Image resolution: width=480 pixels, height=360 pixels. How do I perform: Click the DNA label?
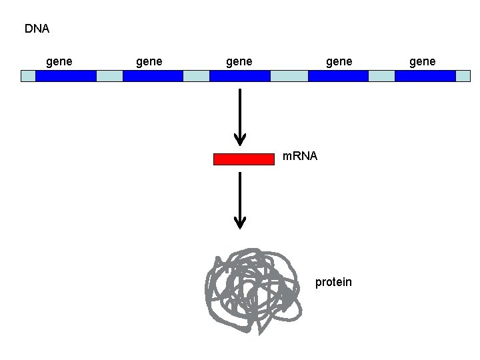pos(37,29)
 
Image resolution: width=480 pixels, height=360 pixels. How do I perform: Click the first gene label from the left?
pos(59,61)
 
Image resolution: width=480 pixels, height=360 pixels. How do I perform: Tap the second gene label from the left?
pos(149,61)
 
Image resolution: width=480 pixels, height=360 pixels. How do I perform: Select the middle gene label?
pos(239,61)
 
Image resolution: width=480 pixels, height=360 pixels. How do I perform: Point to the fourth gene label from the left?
pos(339,61)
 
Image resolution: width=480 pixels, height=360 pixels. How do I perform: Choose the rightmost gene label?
pos(422,61)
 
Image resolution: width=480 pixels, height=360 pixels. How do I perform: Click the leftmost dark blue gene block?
pos(65,75)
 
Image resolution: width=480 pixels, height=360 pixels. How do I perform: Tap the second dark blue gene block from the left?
pos(153,75)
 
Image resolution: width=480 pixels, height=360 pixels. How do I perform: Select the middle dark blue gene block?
pos(239,75)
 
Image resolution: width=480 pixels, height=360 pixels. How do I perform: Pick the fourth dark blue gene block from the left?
pos(338,75)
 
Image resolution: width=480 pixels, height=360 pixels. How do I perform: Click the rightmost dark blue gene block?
pos(425,75)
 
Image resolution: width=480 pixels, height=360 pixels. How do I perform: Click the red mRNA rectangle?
pos(243,159)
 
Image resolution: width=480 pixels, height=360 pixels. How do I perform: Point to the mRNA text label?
pos(300,157)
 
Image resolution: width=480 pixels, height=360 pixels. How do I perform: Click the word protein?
pos(333,282)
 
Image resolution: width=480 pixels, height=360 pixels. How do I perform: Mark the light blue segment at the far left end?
pos(28,75)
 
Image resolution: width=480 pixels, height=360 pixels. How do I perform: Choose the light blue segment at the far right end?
pos(463,75)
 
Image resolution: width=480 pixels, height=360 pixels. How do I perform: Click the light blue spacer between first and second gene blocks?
pos(109,75)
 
